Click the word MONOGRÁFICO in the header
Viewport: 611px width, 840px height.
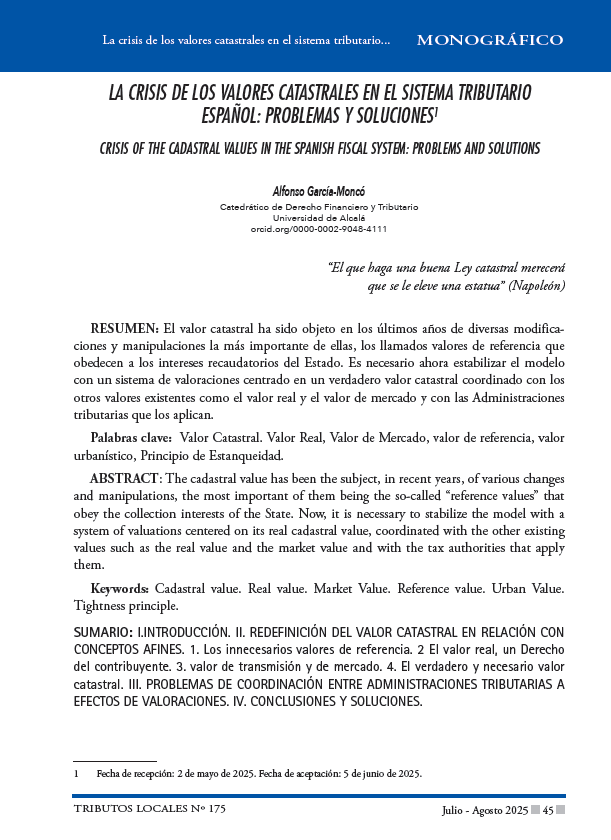(x=489, y=41)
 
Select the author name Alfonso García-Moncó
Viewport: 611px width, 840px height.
(x=319, y=191)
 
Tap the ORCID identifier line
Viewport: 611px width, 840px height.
(x=319, y=228)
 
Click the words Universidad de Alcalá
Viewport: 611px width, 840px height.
(x=319, y=217)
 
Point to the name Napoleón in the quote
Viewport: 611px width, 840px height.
(x=538, y=286)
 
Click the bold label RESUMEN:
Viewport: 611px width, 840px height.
(x=124, y=328)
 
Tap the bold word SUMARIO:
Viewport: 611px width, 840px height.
(x=103, y=633)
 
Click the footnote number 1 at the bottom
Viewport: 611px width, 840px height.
(x=77, y=773)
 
